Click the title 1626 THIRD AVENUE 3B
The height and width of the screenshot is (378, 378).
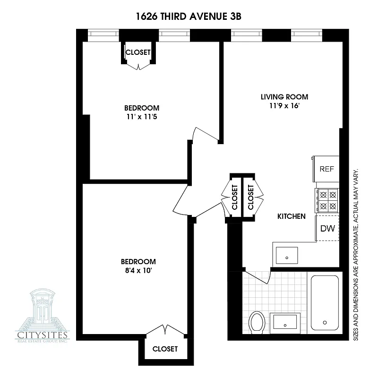(189, 17)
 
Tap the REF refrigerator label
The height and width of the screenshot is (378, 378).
(327, 169)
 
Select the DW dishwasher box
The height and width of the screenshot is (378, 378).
(327, 229)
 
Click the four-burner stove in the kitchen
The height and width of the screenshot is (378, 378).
(327, 200)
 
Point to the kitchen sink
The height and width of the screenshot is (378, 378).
(287, 255)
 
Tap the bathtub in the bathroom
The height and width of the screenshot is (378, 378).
(325, 302)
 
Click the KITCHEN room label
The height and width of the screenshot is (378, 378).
(291, 216)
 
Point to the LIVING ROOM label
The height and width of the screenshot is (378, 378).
(281, 97)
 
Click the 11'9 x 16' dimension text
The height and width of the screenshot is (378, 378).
(281, 106)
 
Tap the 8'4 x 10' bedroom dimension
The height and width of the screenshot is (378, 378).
(138, 271)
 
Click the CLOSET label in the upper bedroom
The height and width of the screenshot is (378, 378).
(138, 52)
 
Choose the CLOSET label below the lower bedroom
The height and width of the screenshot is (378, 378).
(165, 349)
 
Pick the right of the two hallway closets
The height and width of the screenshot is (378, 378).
(250, 197)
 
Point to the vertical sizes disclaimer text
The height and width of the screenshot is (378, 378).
(355, 253)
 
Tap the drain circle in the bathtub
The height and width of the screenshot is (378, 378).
(325, 323)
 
